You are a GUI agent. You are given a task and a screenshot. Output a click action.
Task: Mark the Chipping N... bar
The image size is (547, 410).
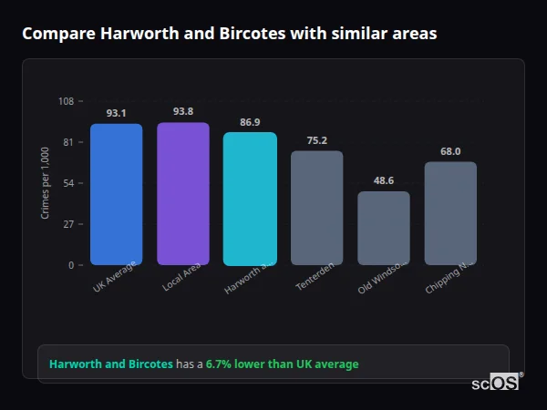(450, 213)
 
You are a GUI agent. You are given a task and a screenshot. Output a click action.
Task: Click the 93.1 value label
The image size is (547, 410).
(116, 113)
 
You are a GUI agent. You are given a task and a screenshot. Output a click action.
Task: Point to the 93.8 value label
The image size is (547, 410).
(183, 111)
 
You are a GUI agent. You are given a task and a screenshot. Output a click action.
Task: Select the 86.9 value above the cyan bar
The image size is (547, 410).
(250, 121)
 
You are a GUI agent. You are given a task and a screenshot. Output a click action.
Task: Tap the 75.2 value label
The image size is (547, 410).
(316, 139)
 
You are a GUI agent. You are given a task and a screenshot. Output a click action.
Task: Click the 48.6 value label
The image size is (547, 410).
(384, 180)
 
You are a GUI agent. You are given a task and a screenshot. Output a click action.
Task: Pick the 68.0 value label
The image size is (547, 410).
(450, 151)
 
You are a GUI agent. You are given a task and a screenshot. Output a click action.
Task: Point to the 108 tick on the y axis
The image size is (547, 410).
(66, 101)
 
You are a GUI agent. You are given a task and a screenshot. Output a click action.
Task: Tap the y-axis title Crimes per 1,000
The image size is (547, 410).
(45, 183)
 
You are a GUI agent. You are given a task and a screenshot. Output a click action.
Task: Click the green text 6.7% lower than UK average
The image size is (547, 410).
(282, 364)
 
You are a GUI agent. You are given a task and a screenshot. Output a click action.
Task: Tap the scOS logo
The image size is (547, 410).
(496, 384)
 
